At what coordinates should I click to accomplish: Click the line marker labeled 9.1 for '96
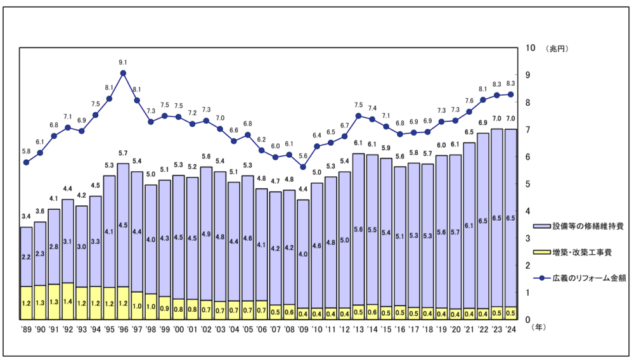coord(123,73)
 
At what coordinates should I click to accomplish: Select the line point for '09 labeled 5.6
coord(303,167)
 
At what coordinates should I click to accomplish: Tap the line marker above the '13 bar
coord(358,115)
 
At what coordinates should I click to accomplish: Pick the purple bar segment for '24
coord(510,217)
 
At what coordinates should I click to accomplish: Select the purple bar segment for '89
coord(26,257)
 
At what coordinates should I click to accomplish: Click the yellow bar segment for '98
coord(151,306)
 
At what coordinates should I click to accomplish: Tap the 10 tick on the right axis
coord(531,48)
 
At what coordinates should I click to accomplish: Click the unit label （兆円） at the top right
coord(556,48)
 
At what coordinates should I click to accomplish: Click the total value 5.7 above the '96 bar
coord(123,153)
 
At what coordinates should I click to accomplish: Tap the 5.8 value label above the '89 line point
coord(26,151)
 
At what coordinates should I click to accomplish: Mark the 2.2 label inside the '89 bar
coord(26,257)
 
